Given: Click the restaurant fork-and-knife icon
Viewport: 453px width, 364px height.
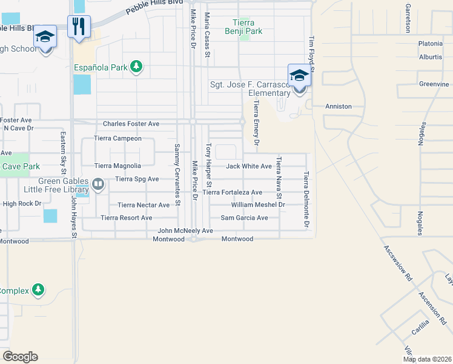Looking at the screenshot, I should coord(79,26).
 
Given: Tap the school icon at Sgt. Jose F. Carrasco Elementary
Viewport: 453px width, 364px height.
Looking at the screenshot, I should coord(299,75).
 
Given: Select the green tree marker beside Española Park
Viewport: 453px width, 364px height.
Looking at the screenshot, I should coord(137,67).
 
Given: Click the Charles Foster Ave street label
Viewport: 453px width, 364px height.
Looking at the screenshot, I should coord(131,124).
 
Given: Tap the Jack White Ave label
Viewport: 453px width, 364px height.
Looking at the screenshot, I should coord(249,166).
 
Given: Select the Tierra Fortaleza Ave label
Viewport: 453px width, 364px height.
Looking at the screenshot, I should coord(233,192).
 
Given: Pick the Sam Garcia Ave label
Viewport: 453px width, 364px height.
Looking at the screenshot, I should coord(244,218).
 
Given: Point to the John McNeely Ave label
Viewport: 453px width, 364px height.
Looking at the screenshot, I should coord(185,231).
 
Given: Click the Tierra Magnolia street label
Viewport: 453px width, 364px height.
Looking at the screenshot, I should coord(117,166).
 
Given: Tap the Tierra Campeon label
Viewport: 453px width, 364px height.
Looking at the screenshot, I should coord(118,138).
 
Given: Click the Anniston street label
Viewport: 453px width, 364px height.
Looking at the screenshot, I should coord(339,106).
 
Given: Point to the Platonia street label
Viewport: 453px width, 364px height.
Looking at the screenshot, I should coord(431,44).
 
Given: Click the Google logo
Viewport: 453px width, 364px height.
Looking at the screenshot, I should coord(20,357).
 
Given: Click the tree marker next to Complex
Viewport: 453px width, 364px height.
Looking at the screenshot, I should coord(39,290).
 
